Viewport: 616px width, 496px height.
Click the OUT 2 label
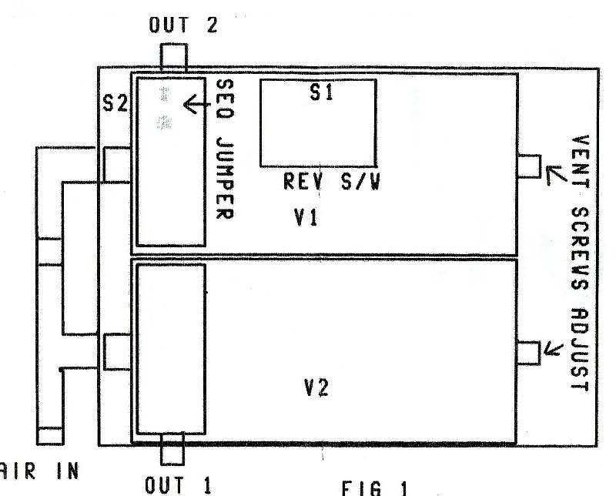tap(184, 25)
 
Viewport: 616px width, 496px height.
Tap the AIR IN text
tap(38, 470)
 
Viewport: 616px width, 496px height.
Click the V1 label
tap(306, 219)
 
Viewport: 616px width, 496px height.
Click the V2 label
tap(316, 387)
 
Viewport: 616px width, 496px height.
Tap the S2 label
tap(115, 103)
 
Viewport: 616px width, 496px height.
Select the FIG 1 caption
tap(373, 488)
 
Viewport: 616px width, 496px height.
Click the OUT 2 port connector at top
tap(173, 57)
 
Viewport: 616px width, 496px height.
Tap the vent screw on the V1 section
tap(528, 166)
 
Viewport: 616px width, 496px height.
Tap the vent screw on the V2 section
tap(528, 352)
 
